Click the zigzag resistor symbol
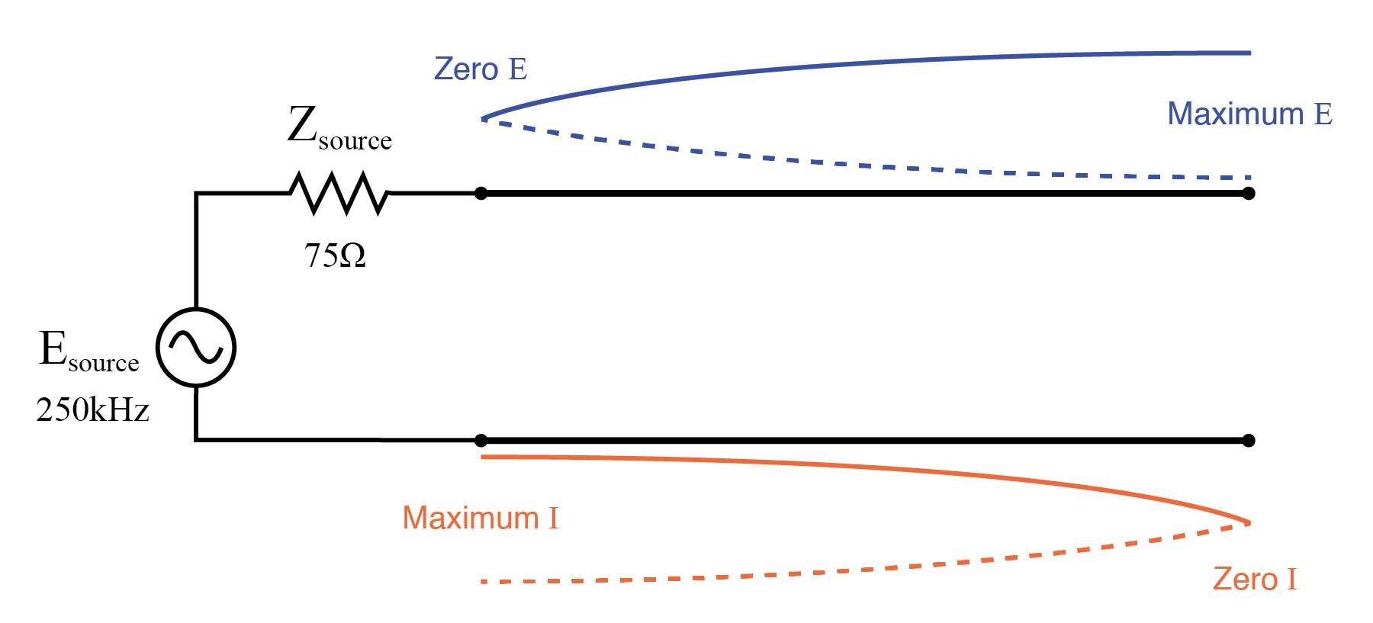pyautogui.click(x=339, y=193)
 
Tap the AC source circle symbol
pyautogui.click(x=196, y=348)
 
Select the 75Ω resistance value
pyautogui.click(x=335, y=255)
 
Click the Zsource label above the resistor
pyautogui.click(x=339, y=127)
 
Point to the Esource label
pyautogui.click(x=88, y=351)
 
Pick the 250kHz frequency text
pyautogui.click(x=92, y=410)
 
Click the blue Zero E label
pyautogui.click(x=480, y=69)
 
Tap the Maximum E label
pyautogui.click(x=1249, y=114)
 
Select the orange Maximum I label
pyautogui.click(x=480, y=519)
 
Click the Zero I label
pyautogui.click(x=1254, y=580)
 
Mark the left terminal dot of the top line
pyautogui.click(x=481, y=194)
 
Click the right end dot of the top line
pyautogui.click(x=1249, y=194)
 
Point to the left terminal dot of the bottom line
pyautogui.click(x=481, y=440)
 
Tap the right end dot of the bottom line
pyautogui.click(x=1249, y=440)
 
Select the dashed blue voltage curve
pyautogui.click(x=839, y=163)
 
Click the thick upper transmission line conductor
pyautogui.click(x=862, y=194)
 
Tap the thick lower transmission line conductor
pyautogui.click(x=862, y=440)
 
